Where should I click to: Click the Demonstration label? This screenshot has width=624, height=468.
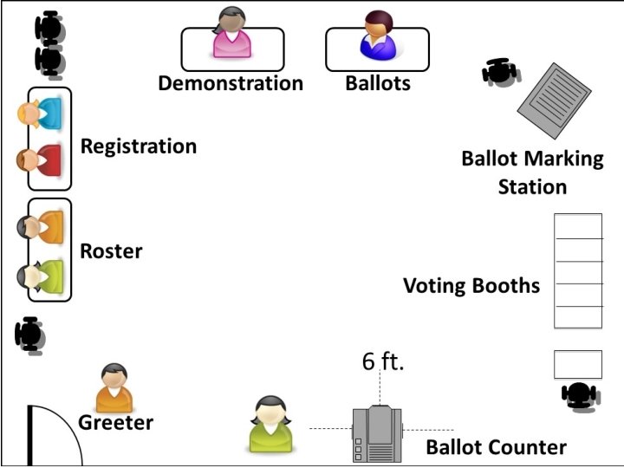(x=231, y=83)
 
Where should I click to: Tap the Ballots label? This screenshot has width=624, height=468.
(x=378, y=83)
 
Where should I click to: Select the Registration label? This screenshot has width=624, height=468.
(x=139, y=146)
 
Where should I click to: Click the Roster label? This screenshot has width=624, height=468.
(x=111, y=251)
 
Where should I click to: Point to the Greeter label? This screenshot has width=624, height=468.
(x=115, y=423)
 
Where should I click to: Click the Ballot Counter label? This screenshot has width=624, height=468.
(x=496, y=447)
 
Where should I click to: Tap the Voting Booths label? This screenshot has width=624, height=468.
(x=471, y=286)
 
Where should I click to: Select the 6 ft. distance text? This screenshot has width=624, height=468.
(x=383, y=361)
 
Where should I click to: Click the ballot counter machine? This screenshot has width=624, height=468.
(x=379, y=433)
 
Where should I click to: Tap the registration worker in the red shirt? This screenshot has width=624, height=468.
(x=40, y=159)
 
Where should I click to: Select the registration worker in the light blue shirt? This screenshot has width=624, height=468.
(x=40, y=114)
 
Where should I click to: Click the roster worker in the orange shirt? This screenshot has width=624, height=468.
(x=41, y=227)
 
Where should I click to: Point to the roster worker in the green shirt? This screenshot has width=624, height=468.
(x=41, y=276)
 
